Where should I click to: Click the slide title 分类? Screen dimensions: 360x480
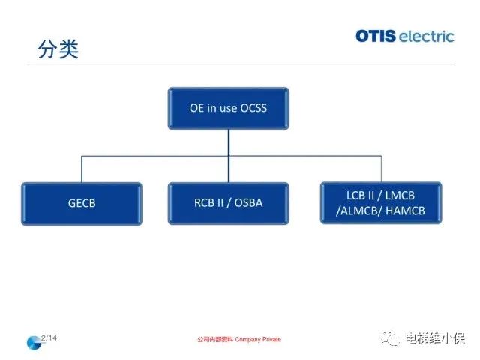[58, 49]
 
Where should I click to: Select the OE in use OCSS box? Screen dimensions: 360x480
[228, 108]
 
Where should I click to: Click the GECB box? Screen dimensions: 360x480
[82, 202]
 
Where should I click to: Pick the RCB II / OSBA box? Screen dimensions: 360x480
[228, 202]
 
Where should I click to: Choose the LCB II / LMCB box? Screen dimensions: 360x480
[381, 202]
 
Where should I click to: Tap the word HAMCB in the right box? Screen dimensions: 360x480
[404, 211]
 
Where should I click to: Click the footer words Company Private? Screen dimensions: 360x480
[258, 340]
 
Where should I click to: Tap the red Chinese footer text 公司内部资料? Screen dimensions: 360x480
[215, 340]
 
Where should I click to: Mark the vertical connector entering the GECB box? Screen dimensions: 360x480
[82, 169]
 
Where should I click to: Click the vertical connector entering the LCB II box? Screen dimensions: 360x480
[381, 169]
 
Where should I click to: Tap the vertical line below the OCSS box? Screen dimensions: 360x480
[228, 142]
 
